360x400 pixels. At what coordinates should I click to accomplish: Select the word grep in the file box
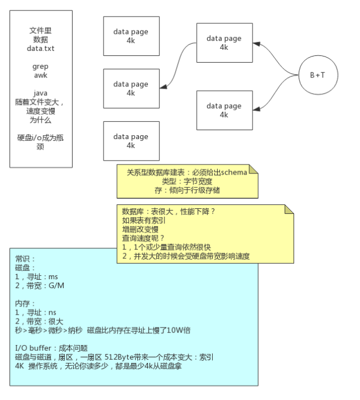pos(40,66)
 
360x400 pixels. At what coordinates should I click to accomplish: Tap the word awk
pos(40,75)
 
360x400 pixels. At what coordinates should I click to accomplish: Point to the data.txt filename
pos(40,48)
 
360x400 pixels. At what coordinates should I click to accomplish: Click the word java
pos(40,93)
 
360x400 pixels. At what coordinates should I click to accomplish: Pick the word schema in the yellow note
pos(232,172)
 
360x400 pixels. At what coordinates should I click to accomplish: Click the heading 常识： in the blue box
pos(25,259)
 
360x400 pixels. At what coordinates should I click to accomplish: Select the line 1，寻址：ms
pos(37,276)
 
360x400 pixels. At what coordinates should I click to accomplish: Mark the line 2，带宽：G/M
pos(39,285)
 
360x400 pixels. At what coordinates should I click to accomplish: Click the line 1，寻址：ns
pos(36,312)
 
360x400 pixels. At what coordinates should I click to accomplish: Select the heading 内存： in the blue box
pos(25,304)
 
